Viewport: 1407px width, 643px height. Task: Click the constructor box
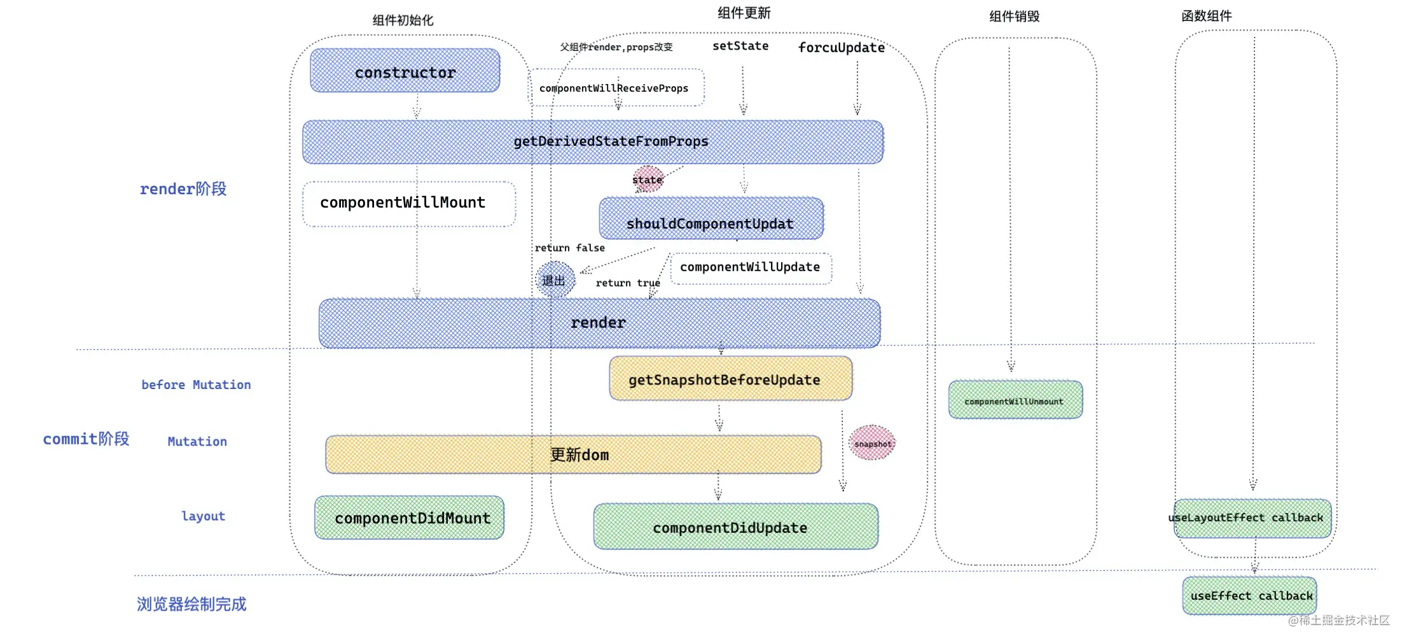pyautogui.click(x=405, y=71)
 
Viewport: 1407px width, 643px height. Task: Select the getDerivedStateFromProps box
pyautogui.click(x=593, y=142)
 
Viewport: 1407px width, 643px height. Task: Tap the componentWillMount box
pyautogui.click(x=408, y=204)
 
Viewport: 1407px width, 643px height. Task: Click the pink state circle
pyautogui.click(x=648, y=180)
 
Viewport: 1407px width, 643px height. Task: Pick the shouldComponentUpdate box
pyautogui.click(x=710, y=219)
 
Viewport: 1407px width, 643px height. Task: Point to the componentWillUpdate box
pyautogui.click(x=751, y=268)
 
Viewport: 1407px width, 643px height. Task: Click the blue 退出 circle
pyautogui.click(x=555, y=280)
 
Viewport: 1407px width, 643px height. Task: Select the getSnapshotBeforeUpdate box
pyautogui.click(x=730, y=379)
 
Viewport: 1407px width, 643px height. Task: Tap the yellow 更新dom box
pyautogui.click(x=573, y=455)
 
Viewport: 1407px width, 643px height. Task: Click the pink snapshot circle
pyautogui.click(x=872, y=443)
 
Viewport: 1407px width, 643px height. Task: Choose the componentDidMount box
pyautogui.click(x=410, y=518)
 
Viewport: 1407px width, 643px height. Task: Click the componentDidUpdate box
pyautogui.click(x=735, y=527)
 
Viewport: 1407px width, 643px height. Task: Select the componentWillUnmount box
pyautogui.click(x=1015, y=400)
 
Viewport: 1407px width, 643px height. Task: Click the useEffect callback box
pyautogui.click(x=1249, y=596)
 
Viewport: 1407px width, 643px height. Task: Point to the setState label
pyautogui.click(x=740, y=46)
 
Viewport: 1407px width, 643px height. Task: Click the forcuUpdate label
pyautogui.click(x=841, y=48)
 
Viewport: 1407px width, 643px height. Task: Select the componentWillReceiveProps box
pyautogui.click(x=616, y=88)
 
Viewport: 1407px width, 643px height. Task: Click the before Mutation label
pyautogui.click(x=196, y=385)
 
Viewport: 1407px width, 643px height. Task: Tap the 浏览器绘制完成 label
pyautogui.click(x=191, y=604)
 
